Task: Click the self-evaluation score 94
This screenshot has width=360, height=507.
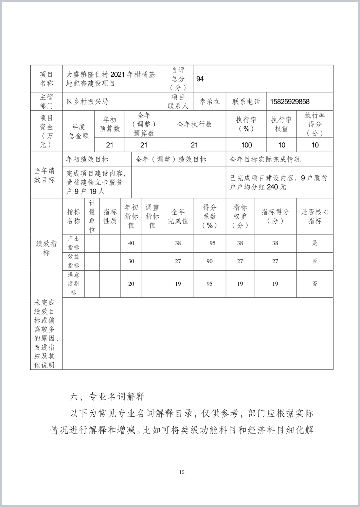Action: coord(200,79)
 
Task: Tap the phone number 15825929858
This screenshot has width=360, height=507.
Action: coord(290,102)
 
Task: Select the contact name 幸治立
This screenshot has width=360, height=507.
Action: coord(210,102)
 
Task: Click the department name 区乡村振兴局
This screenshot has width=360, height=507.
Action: coord(87,102)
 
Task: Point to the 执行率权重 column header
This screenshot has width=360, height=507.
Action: coord(281,124)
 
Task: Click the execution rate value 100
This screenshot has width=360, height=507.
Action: coord(246,145)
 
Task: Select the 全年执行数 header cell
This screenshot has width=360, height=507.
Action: coord(194,124)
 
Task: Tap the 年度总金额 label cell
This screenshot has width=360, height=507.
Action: coord(78,131)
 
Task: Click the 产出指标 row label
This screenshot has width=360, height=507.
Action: coord(73,243)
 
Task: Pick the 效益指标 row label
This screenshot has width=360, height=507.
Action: coord(73,261)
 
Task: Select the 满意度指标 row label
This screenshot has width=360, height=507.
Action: coord(73,284)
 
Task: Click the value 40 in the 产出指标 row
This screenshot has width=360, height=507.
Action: coord(131,243)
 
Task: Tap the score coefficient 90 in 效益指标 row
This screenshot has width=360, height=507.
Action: coord(210,261)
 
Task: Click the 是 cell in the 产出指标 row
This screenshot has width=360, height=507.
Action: coord(314,243)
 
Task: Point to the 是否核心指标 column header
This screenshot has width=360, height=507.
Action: coord(314,216)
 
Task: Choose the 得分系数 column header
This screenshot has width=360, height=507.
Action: coord(210,216)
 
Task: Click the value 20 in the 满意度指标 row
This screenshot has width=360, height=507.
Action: coord(131,284)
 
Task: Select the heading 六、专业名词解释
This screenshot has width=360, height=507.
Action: coord(107,396)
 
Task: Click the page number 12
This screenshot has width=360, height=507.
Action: coord(182,472)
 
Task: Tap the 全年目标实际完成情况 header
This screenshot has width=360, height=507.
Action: coord(265,159)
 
